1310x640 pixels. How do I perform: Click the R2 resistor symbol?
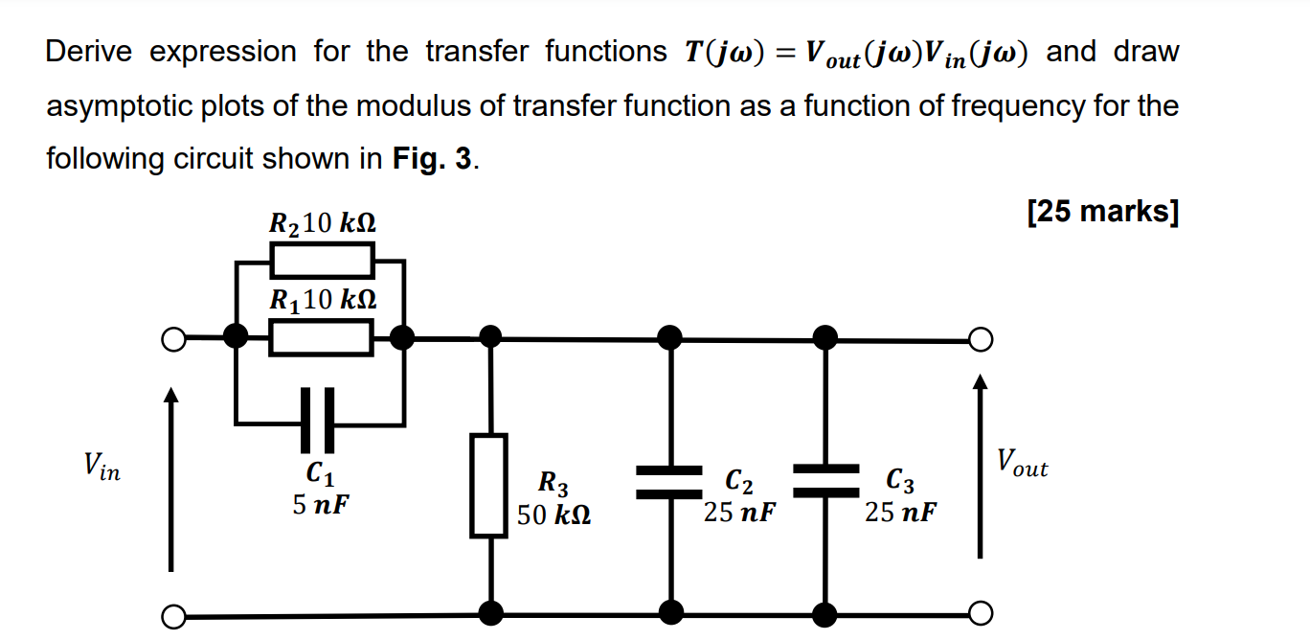point(322,259)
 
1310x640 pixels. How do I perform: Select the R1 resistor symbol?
point(322,337)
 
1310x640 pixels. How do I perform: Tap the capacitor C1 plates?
point(319,420)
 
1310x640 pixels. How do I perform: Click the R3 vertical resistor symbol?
point(489,485)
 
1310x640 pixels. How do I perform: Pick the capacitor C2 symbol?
point(670,481)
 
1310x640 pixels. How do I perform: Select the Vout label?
point(1022,463)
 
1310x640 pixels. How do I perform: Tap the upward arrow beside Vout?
point(979,466)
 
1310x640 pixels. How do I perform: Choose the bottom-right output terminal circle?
point(979,613)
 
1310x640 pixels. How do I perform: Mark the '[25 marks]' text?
point(1102,211)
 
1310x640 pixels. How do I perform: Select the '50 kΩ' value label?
point(553,515)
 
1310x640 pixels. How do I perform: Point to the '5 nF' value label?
point(321,504)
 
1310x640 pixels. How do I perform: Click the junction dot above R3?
point(490,336)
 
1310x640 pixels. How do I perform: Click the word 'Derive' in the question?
point(91,52)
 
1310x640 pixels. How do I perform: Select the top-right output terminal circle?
point(979,340)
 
